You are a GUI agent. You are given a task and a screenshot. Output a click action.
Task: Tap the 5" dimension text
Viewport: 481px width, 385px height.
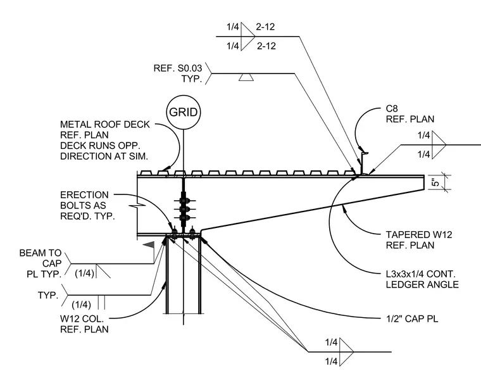[x=435, y=182]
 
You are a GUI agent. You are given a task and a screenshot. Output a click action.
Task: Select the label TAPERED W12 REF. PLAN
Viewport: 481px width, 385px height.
[x=419, y=240]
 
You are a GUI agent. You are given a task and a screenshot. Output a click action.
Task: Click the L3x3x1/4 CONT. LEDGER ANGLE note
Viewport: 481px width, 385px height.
[x=422, y=279]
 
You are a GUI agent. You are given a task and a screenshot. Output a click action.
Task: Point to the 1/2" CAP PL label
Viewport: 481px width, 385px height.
[x=412, y=319]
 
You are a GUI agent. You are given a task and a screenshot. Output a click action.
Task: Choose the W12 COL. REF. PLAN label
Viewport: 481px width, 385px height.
[x=84, y=324]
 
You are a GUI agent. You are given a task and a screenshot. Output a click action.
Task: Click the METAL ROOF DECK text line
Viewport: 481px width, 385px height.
[x=105, y=124]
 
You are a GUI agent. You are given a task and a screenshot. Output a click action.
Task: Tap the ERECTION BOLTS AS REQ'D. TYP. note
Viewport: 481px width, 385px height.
[x=87, y=205]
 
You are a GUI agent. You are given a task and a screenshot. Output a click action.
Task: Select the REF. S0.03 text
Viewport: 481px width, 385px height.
[x=178, y=68]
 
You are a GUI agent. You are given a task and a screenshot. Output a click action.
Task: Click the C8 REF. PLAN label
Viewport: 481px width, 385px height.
[x=410, y=113]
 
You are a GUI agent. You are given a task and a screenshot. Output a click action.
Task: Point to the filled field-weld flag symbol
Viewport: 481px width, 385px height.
[x=149, y=244]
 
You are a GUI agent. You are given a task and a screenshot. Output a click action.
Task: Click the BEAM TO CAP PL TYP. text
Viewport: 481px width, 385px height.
[x=41, y=263]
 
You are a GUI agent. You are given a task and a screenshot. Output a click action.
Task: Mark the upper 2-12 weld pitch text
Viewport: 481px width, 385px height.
[x=265, y=27]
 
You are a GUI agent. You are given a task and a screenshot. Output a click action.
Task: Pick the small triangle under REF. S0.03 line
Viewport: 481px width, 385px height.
[x=246, y=77]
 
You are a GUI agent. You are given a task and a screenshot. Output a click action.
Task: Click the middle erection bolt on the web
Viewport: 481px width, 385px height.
[x=184, y=210]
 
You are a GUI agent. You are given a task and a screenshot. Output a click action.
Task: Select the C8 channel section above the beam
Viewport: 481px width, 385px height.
[x=363, y=163]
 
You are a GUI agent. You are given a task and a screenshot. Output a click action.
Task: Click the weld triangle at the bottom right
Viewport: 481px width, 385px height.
[x=346, y=352]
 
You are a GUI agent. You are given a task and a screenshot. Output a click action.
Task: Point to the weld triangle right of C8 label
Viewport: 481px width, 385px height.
[x=439, y=144]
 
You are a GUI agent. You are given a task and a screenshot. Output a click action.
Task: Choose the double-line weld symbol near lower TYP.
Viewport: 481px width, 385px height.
[x=101, y=302]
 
